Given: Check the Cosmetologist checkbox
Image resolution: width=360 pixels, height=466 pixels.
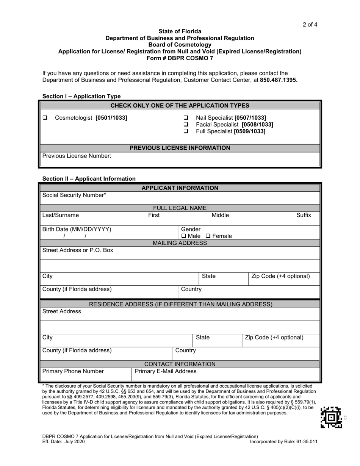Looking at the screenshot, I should (x=45, y=117).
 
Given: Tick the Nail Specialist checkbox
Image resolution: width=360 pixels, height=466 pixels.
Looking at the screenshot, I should (x=186, y=117).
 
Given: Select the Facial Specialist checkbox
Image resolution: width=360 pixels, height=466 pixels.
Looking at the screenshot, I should (x=186, y=124).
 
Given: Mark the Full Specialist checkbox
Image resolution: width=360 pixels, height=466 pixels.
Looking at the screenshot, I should (x=186, y=131).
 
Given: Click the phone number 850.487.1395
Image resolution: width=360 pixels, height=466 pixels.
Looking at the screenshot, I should (x=279, y=80).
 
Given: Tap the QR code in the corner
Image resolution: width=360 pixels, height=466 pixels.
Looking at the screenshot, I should (x=331, y=417).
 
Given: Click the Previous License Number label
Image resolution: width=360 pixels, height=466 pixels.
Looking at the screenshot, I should (x=77, y=156).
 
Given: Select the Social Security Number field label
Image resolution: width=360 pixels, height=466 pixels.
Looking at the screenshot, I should (x=74, y=195).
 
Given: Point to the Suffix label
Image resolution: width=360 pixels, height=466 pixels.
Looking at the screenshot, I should (x=304, y=215).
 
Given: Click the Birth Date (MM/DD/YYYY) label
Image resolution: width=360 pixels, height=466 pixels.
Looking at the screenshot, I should (x=77, y=229).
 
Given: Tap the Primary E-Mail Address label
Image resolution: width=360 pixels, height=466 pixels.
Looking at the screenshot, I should (x=166, y=371).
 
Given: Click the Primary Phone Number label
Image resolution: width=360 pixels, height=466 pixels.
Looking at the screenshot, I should (x=73, y=371).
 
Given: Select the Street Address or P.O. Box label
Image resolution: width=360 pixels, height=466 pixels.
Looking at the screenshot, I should (x=77, y=250).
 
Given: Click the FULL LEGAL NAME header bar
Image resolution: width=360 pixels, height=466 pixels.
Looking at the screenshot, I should (x=180, y=208).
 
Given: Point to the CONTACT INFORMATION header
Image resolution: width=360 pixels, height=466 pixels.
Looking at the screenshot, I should (x=180, y=364).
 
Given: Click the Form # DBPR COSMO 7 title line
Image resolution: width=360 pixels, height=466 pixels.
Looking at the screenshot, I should (x=180, y=58).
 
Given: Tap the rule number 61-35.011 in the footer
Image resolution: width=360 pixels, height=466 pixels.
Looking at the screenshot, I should (x=305, y=441).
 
